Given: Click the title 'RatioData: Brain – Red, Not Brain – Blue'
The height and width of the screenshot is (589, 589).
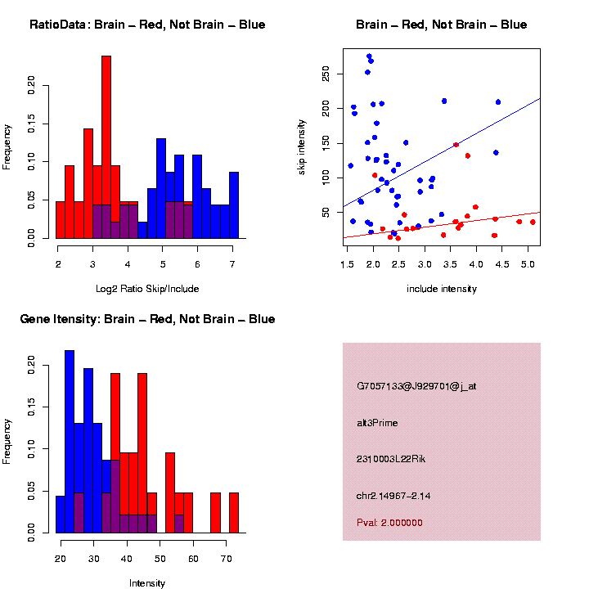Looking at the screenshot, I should point(147,25).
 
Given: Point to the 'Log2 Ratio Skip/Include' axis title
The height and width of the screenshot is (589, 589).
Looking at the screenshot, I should point(146,288).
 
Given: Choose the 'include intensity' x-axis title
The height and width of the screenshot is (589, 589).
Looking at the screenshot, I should point(442,289).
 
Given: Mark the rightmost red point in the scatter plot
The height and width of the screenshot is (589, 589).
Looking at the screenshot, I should point(533,222).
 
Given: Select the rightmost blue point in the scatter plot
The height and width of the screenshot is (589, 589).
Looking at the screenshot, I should point(498,102).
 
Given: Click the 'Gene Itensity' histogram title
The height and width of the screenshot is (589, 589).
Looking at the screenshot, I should point(147,319).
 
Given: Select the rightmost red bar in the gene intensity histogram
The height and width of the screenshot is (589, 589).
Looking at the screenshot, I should point(233,513).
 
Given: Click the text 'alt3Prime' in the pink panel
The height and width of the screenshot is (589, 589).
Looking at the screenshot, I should point(377,423).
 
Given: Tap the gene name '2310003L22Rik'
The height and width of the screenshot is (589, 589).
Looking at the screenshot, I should point(391,459).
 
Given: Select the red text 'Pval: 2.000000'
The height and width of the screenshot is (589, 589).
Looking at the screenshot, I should point(389,523).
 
